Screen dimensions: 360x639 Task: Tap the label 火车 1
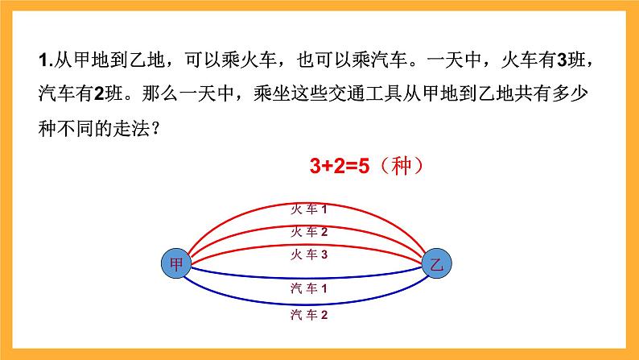tap(309, 209)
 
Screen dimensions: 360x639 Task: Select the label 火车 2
tap(309, 232)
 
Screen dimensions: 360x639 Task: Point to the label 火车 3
tap(309, 254)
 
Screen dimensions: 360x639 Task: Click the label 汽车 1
tap(309, 288)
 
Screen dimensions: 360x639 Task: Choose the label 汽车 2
tap(309, 315)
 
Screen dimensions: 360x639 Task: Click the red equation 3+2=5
tap(339, 168)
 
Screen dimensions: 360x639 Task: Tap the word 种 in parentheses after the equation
tap(400, 168)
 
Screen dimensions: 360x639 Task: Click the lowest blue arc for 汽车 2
tap(241, 302)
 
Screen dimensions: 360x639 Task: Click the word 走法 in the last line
tap(130, 127)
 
